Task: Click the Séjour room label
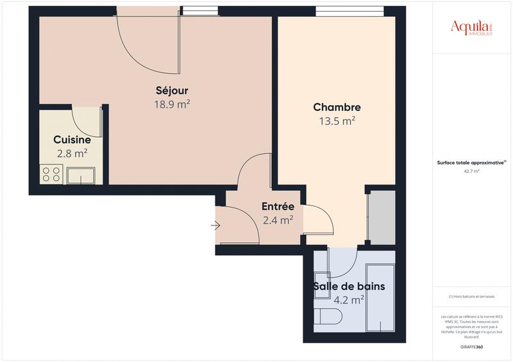pyautogui.click(x=172, y=90)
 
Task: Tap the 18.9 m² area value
pyautogui.click(x=172, y=104)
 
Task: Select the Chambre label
pyautogui.click(x=337, y=108)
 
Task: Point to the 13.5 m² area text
pyautogui.click(x=337, y=120)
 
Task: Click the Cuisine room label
pyautogui.click(x=71, y=140)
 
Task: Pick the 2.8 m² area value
pyautogui.click(x=72, y=153)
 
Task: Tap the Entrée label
pyautogui.click(x=278, y=207)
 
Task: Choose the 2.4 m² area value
pyautogui.click(x=278, y=220)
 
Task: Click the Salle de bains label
pyautogui.click(x=349, y=286)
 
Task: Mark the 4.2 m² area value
pyautogui.click(x=349, y=299)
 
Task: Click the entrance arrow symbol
pyautogui.click(x=215, y=226)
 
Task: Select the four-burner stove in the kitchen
pyautogui.click(x=52, y=174)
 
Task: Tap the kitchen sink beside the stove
pyautogui.click(x=80, y=174)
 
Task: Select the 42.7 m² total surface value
pyautogui.click(x=472, y=171)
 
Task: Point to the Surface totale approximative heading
pyautogui.click(x=471, y=163)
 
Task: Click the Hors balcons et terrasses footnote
pyautogui.click(x=472, y=297)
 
